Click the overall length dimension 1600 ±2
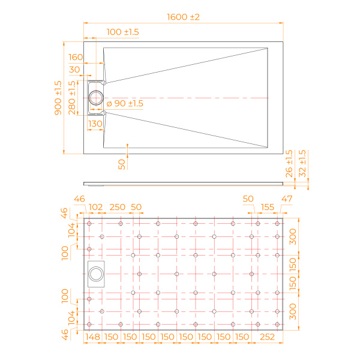tap(182, 17)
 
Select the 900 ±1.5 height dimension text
tap(58, 97)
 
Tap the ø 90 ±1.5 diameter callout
tap(125, 104)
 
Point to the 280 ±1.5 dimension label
tap(72, 97)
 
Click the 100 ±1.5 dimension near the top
tap(122, 31)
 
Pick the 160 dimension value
tap(76, 57)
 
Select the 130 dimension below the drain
tap(95, 124)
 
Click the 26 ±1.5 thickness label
tap(290, 163)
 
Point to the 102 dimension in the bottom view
tap(95, 207)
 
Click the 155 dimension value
tap(268, 207)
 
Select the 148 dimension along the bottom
tap(92, 337)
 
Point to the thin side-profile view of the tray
tap(182, 182)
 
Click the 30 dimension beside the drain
tap(76, 70)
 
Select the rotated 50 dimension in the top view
tap(122, 163)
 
